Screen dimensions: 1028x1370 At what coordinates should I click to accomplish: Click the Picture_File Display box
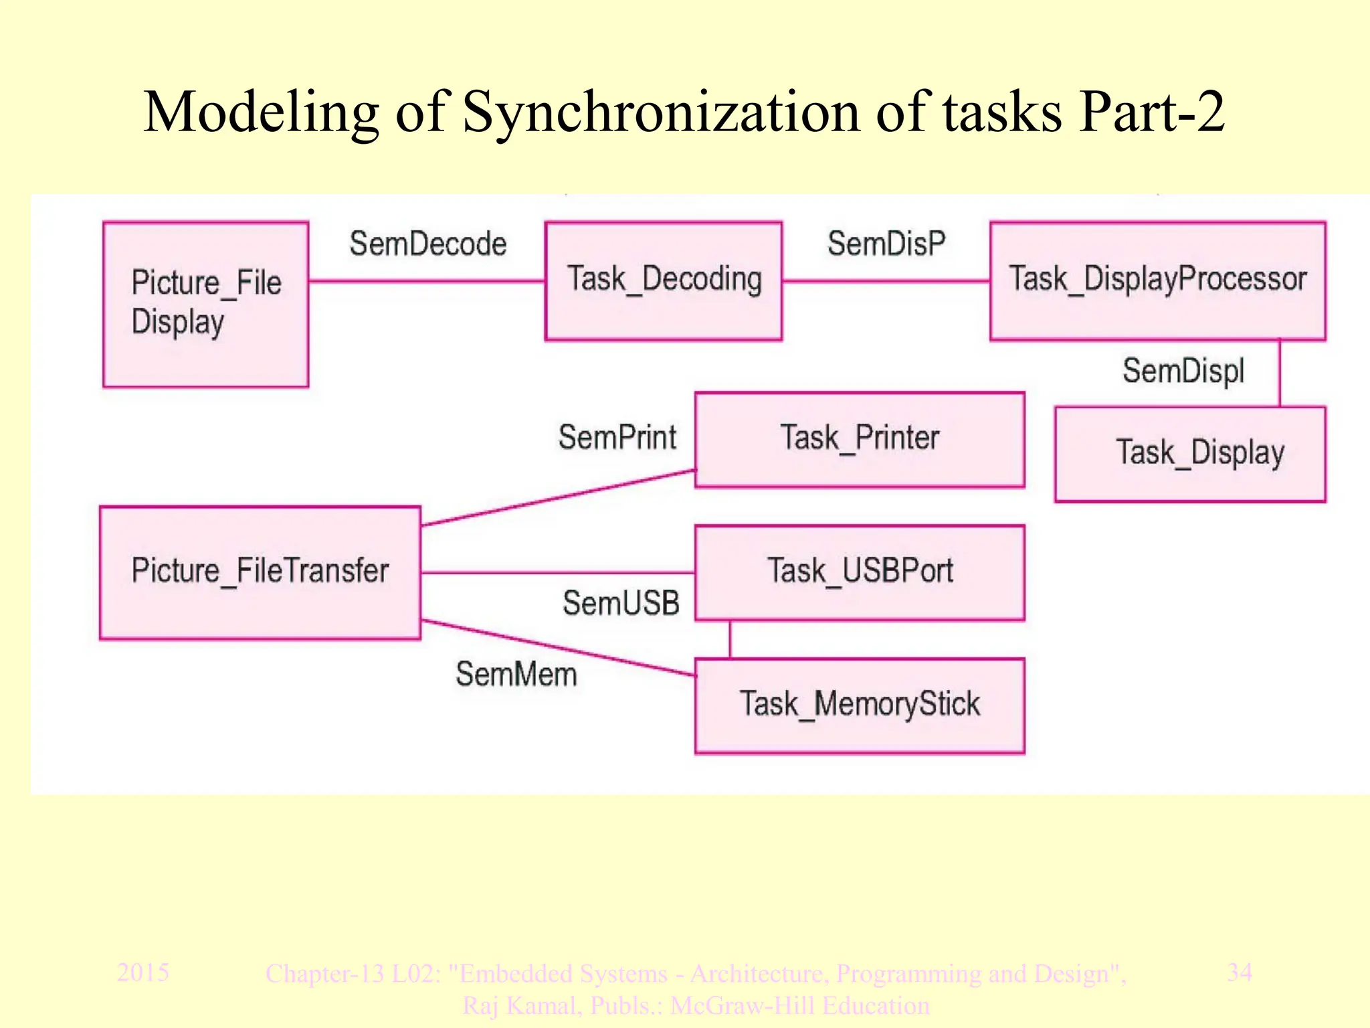click(x=205, y=305)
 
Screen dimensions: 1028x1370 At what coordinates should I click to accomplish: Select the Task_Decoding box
click(x=663, y=281)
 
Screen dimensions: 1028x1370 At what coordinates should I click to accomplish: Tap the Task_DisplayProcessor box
click(x=1157, y=281)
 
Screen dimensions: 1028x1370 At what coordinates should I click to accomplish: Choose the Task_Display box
click(x=1190, y=454)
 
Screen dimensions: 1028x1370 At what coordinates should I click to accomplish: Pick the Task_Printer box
click(x=860, y=439)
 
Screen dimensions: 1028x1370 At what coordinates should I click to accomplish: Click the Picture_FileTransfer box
click(x=260, y=572)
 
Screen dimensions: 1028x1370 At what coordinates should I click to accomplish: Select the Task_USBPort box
click(x=860, y=572)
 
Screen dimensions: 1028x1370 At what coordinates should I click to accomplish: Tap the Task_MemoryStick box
click(x=860, y=705)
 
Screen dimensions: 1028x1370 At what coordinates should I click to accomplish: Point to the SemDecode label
click(x=428, y=244)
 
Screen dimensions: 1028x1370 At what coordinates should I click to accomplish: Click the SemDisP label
click(x=886, y=244)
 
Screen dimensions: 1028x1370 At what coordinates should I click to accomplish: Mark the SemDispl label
click(x=1183, y=371)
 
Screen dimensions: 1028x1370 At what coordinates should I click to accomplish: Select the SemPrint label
click(x=617, y=438)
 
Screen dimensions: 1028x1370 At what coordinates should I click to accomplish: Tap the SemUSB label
click(x=621, y=603)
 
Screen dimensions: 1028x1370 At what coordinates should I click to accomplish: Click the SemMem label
click(x=516, y=674)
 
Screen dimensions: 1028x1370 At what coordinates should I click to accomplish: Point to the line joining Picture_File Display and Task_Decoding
click(x=427, y=281)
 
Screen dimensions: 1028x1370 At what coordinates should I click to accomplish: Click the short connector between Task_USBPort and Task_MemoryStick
click(x=730, y=640)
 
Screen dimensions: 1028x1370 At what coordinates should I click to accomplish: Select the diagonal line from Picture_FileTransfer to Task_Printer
click(x=559, y=497)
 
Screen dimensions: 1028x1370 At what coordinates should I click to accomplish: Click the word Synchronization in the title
click(x=661, y=112)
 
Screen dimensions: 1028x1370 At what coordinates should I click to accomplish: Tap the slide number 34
click(x=1239, y=972)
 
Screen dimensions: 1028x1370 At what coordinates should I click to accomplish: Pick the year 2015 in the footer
click(x=143, y=972)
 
